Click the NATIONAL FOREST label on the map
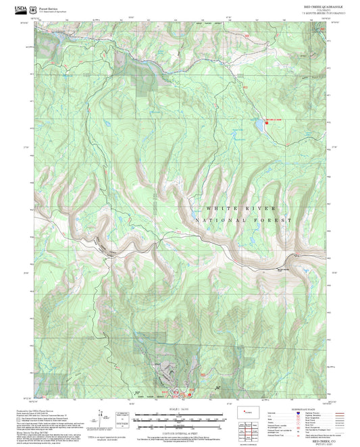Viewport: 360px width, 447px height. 244,220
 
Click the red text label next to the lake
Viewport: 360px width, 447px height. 273,120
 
